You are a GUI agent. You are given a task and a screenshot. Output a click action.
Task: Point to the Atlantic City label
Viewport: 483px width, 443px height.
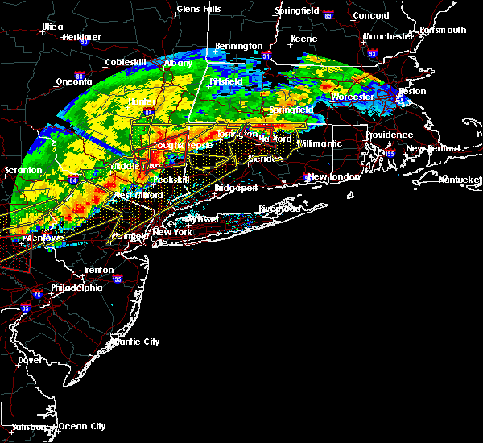coord(134,342)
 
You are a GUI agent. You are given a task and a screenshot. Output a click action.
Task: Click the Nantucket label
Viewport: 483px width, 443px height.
coord(461,179)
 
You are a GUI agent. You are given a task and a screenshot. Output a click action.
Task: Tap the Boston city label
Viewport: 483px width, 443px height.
coord(413,91)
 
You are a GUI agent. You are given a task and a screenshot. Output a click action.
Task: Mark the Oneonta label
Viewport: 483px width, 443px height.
coord(75,81)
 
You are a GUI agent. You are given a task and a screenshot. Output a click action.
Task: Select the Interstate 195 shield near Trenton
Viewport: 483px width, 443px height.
coord(118,279)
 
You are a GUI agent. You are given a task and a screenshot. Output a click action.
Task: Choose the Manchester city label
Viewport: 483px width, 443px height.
coord(387,36)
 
